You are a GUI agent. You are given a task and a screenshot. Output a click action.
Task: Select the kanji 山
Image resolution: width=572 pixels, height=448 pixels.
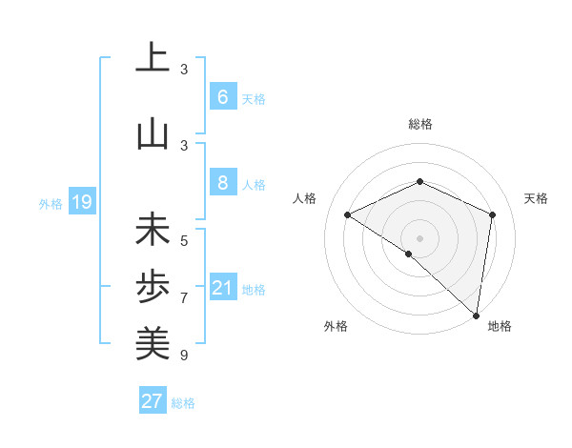pyautogui.click(x=153, y=133)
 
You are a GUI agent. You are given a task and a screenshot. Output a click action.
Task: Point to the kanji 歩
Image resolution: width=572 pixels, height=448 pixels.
pyautogui.click(x=153, y=287)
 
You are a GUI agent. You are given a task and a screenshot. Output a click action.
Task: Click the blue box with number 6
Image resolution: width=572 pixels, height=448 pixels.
pyautogui.click(x=222, y=96)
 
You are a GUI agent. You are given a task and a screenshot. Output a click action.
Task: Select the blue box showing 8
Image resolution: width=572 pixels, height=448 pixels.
pyautogui.click(x=222, y=182)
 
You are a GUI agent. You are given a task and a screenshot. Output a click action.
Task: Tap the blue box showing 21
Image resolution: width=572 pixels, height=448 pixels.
pyautogui.click(x=223, y=287)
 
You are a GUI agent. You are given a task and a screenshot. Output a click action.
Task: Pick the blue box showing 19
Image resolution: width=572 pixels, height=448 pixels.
pyautogui.click(x=81, y=201)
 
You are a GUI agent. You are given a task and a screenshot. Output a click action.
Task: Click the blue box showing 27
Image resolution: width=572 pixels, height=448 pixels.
pyautogui.click(x=153, y=401)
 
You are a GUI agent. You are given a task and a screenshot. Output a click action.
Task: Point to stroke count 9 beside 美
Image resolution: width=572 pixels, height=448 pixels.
pyautogui.click(x=184, y=356)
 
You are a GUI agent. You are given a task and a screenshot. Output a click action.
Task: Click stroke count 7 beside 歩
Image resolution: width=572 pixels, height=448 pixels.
pyautogui.click(x=184, y=298)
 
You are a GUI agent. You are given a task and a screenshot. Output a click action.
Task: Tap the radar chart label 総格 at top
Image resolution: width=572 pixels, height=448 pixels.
pyautogui.click(x=420, y=124)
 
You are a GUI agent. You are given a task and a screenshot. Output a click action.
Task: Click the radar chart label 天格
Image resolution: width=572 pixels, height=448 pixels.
pyautogui.click(x=536, y=198)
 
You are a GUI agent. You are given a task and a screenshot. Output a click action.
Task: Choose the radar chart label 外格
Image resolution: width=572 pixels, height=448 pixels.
pyautogui.click(x=335, y=326)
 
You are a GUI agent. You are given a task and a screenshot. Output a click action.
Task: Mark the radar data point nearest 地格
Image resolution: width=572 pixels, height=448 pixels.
pyautogui.click(x=476, y=315)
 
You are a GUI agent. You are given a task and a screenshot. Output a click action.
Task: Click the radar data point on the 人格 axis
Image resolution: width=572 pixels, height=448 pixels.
pyautogui.click(x=348, y=215)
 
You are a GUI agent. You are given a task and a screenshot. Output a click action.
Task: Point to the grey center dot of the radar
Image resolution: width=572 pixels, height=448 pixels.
pyautogui.click(x=419, y=237)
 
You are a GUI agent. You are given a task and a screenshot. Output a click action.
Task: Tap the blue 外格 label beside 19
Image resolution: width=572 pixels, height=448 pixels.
pyautogui.click(x=50, y=202)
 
